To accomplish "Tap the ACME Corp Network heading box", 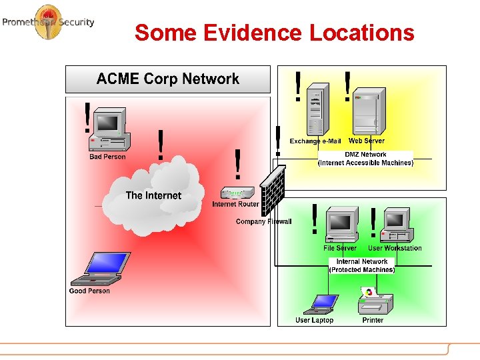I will (167, 79).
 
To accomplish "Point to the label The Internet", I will (153, 195).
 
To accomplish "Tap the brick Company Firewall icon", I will (273, 190).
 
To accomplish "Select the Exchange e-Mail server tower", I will (317, 110).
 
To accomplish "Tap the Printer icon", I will (373, 301).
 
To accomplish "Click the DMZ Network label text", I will (365, 155).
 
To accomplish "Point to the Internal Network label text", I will (362, 262).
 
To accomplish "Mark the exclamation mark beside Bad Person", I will (87, 117).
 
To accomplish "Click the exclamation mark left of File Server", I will (314, 219).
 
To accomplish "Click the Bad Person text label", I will (107, 157).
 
